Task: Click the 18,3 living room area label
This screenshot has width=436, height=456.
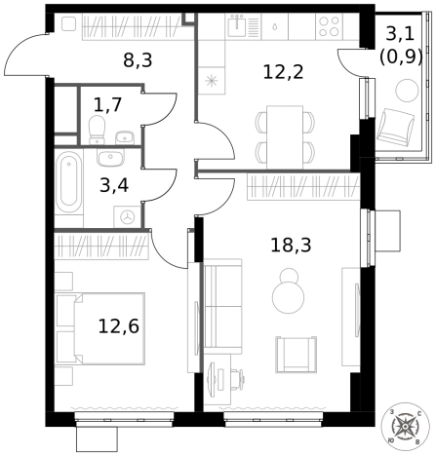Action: [x=291, y=246]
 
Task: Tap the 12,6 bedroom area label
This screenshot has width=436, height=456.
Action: [x=119, y=326]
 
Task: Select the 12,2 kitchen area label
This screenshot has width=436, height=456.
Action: [x=283, y=72]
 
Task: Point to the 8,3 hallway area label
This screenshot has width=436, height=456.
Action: [x=138, y=60]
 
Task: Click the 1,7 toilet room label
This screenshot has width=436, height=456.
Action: [x=107, y=104]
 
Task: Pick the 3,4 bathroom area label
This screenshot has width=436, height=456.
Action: [x=114, y=186]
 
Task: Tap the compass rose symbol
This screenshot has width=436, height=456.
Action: [x=405, y=426]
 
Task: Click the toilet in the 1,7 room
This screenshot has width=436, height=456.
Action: [x=97, y=130]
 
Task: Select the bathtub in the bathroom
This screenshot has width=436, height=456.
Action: [x=68, y=183]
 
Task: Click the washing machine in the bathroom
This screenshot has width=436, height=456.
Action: [x=127, y=217]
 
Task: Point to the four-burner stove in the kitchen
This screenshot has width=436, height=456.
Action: [x=329, y=26]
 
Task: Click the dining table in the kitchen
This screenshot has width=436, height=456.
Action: [x=285, y=137]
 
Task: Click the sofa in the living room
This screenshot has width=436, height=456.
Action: [x=223, y=306]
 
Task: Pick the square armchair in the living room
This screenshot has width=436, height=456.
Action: [x=296, y=355]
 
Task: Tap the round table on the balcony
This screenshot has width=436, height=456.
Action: [x=407, y=90]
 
